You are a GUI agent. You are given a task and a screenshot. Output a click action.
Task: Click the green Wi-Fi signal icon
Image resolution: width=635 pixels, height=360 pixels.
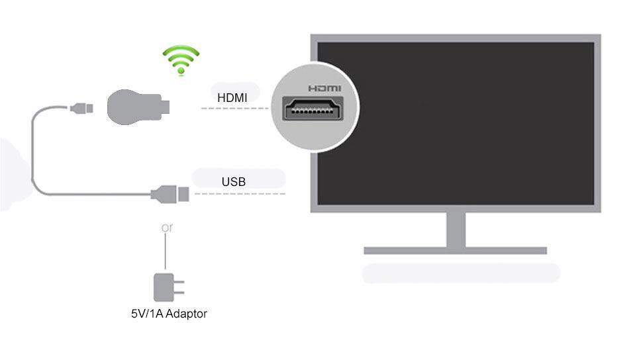click(x=181, y=61)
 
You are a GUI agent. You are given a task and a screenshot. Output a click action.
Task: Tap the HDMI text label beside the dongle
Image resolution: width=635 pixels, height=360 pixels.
click(x=232, y=98)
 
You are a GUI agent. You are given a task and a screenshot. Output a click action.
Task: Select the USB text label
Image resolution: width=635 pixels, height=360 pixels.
click(x=234, y=181)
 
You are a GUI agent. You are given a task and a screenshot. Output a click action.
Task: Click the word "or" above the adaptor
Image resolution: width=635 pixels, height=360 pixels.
click(x=167, y=228)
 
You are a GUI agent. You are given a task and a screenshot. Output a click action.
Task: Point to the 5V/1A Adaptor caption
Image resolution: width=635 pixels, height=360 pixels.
click(x=169, y=314)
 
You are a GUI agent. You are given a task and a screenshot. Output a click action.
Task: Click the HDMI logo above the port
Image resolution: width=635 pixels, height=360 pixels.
click(x=324, y=88)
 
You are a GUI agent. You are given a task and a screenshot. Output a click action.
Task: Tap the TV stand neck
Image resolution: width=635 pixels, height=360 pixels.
click(x=456, y=229)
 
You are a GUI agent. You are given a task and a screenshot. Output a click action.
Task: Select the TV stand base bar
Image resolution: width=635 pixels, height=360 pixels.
click(x=456, y=251)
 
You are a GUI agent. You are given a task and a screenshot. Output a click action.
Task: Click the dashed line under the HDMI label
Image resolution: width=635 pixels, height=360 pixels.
click(x=235, y=108)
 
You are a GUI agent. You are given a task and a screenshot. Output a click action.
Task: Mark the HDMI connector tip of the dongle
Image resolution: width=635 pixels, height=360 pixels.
click(x=168, y=106)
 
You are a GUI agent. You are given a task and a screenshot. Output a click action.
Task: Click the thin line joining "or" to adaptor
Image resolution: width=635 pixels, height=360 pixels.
click(x=166, y=251)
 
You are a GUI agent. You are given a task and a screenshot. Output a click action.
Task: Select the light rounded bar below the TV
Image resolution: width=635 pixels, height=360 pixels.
click(x=461, y=273)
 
